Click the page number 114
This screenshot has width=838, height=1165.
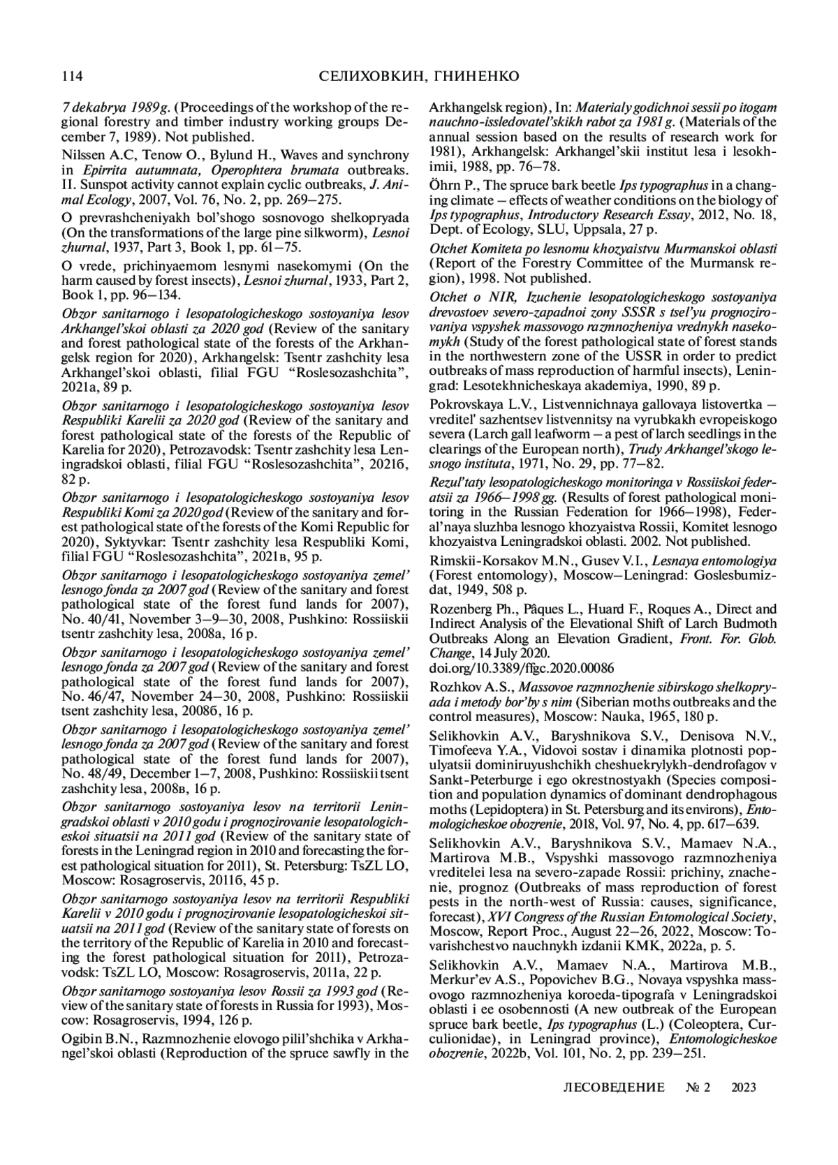[x=73, y=75]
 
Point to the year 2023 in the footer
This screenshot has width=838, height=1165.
[x=744, y=1087]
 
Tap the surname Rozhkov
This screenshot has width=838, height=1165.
[x=453, y=688]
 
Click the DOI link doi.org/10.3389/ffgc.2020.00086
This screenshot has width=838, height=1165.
[x=522, y=667]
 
